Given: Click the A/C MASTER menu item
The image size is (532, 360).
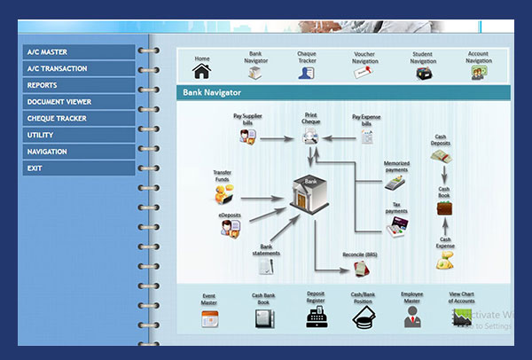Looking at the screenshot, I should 78,52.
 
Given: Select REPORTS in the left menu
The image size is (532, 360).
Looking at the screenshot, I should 78,85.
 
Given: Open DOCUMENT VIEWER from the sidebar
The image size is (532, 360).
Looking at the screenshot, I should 78,102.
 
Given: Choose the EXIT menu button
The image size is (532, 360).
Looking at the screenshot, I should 78,168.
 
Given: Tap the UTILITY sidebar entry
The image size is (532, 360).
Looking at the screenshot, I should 78,135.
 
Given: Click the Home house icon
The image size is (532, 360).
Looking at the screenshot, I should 202,71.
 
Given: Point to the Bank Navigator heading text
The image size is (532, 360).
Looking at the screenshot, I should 212,92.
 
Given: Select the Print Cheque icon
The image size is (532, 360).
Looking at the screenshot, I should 310,135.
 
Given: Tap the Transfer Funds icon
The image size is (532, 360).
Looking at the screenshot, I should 223,189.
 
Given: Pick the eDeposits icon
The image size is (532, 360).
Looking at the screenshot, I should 231,228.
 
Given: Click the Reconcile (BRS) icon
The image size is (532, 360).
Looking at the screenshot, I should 361,267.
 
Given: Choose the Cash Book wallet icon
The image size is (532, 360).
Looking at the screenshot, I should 444,208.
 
